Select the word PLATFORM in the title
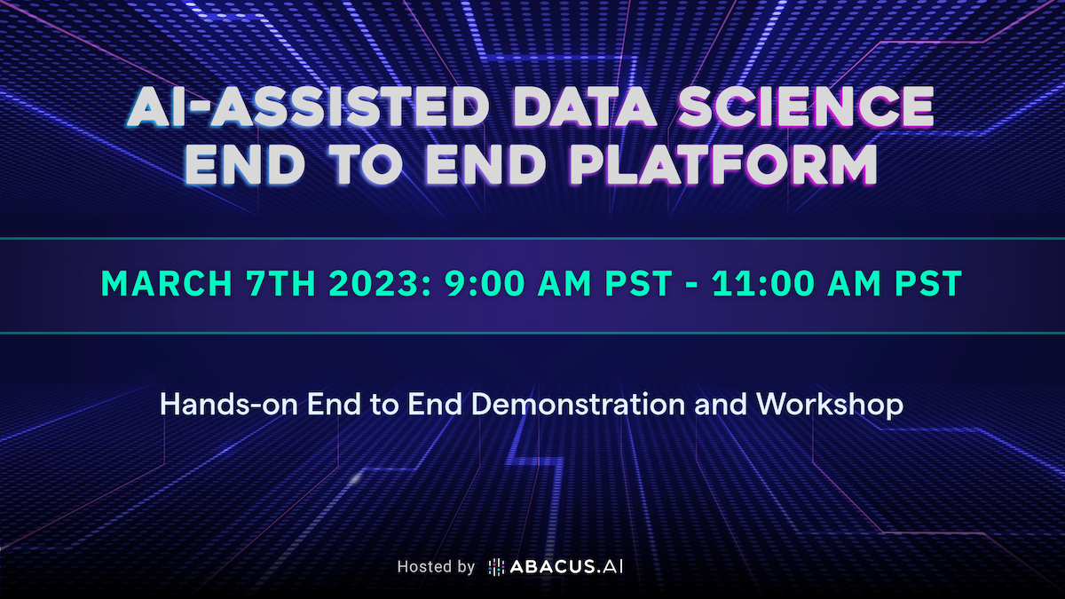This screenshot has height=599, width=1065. [x=723, y=164]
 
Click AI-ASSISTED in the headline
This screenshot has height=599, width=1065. [x=308, y=107]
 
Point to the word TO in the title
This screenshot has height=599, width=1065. [x=365, y=164]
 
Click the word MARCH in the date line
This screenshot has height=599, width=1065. [x=167, y=283]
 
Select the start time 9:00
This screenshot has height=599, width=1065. [x=484, y=283]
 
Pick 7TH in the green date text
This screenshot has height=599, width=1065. [x=280, y=283]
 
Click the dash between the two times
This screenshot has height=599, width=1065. [x=691, y=284]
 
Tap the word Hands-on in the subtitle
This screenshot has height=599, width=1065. [x=229, y=404]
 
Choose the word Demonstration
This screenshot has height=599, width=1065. [x=578, y=404]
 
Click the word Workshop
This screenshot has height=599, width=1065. [x=830, y=405]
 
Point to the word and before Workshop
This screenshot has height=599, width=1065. [x=721, y=404]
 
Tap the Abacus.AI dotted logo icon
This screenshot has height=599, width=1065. [x=496, y=567]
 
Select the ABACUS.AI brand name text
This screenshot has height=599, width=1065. [x=566, y=567]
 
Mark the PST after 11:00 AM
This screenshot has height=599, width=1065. [x=928, y=283]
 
